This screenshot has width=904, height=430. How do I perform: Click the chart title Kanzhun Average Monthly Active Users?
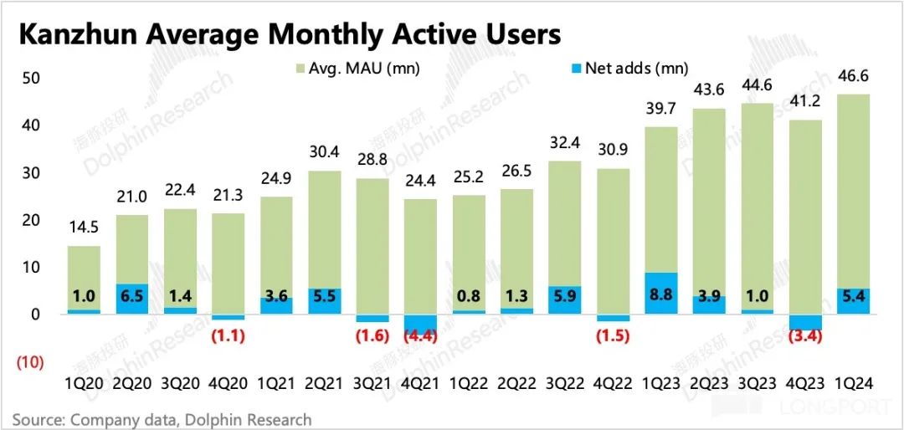pos(290,34)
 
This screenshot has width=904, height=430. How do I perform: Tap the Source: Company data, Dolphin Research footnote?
pos(162,419)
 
